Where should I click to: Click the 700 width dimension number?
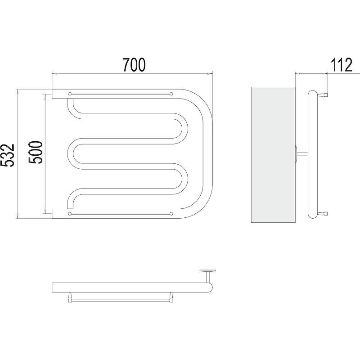(134, 65)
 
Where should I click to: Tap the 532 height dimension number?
(7, 155)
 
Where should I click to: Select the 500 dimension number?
(36, 153)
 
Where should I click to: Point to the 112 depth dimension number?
(341, 65)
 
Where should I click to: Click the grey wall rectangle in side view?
(273, 155)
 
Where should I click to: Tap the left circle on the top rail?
(70, 94)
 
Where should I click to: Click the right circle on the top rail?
(171, 94)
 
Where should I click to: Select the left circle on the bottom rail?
(70, 214)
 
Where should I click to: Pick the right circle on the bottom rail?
(171, 214)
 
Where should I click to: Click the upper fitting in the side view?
(323, 94)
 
